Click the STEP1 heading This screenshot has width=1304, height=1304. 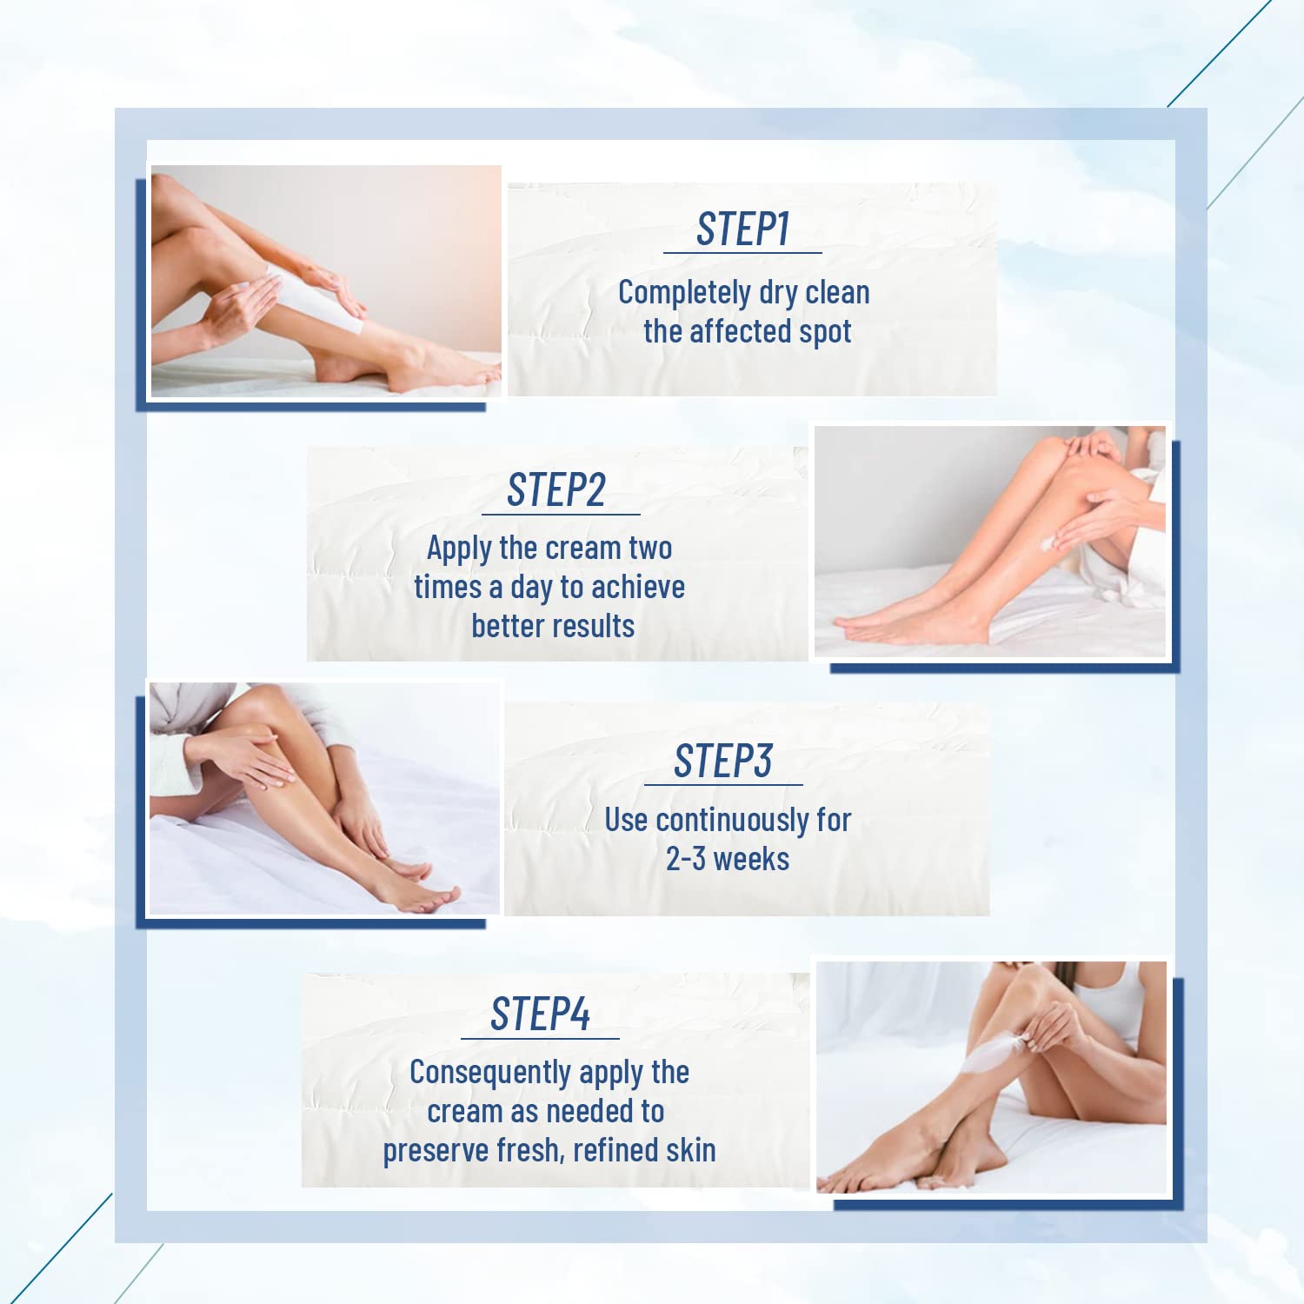pyautogui.click(x=742, y=230)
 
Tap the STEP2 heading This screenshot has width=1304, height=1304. pyautogui.click(x=556, y=490)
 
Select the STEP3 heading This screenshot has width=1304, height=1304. pyautogui.click(x=722, y=762)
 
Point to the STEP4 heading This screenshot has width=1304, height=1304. pyautogui.click(x=540, y=1014)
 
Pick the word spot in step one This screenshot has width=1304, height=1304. pyautogui.click(x=826, y=332)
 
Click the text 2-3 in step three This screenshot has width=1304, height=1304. pyautogui.click(x=685, y=859)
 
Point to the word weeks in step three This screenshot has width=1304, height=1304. pyautogui.click(x=751, y=859)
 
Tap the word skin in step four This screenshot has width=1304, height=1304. pyautogui.click(x=691, y=1150)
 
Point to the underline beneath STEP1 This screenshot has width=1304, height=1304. pyautogui.click(x=742, y=253)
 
